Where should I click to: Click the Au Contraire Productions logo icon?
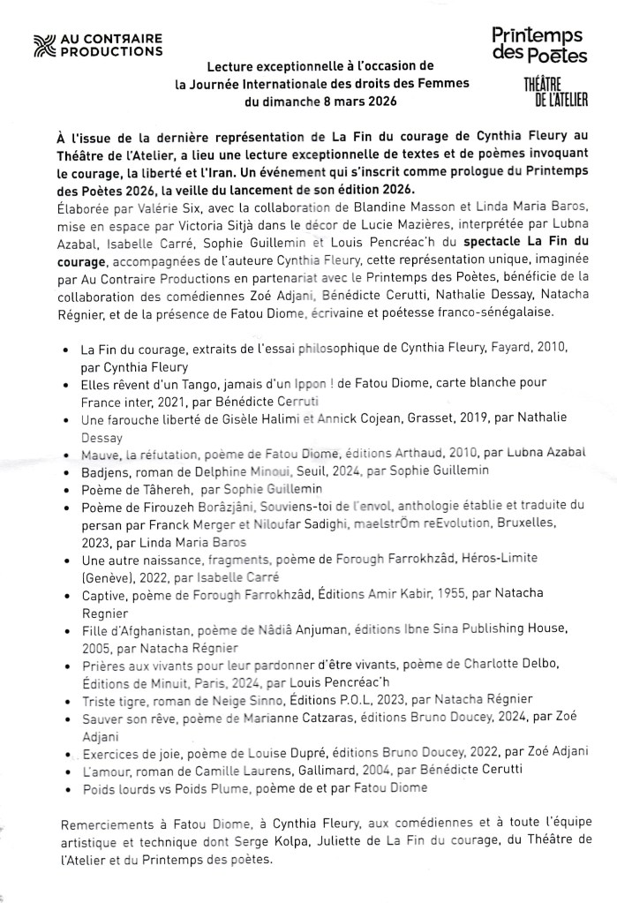(41, 44)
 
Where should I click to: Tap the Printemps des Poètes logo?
(539, 45)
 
